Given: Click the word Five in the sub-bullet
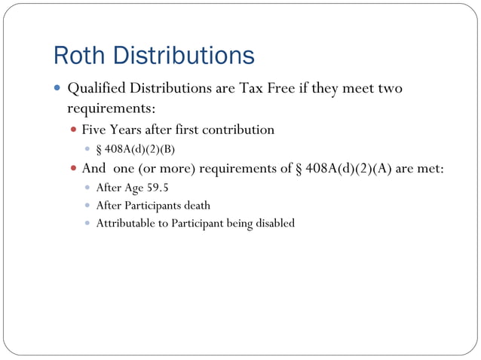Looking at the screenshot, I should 95,130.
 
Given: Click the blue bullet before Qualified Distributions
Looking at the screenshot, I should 57,88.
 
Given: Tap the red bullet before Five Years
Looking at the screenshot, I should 74,130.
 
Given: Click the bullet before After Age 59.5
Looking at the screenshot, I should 87,188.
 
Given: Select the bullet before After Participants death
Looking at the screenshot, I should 87,206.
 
